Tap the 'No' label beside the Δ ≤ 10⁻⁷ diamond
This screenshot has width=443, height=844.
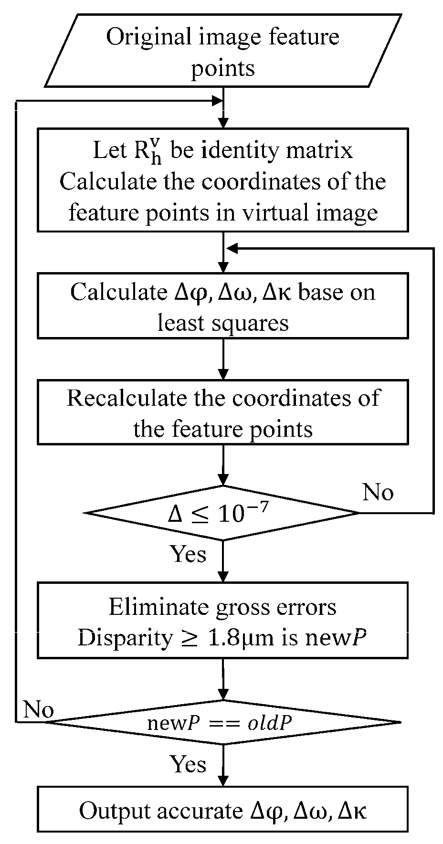(378, 491)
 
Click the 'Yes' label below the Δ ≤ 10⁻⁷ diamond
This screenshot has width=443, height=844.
(189, 554)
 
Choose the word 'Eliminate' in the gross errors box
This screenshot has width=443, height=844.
(158, 607)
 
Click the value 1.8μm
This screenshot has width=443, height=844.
(245, 638)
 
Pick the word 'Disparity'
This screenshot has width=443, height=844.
(125, 638)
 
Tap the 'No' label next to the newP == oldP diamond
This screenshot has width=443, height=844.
(38, 710)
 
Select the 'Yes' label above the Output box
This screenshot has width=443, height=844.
(189, 764)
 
